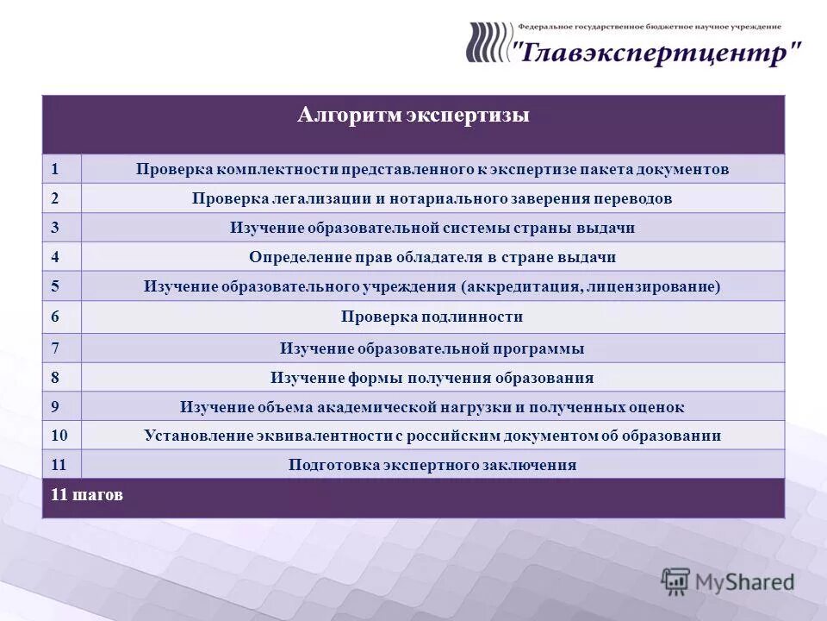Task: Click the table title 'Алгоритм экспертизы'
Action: (413, 116)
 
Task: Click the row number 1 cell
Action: (61, 169)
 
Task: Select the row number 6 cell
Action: (61, 317)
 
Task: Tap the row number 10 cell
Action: (61, 436)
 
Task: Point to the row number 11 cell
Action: (61, 465)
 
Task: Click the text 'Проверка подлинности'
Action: (432, 317)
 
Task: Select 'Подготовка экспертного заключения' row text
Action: (432, 465)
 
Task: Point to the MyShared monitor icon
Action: (676, 582)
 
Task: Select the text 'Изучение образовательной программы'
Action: (432, 348)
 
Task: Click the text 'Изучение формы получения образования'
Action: (432, 378)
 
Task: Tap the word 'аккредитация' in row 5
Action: (522, 286)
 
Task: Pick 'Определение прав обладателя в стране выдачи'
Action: (432, 257)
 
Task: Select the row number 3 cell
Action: (61, 228)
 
